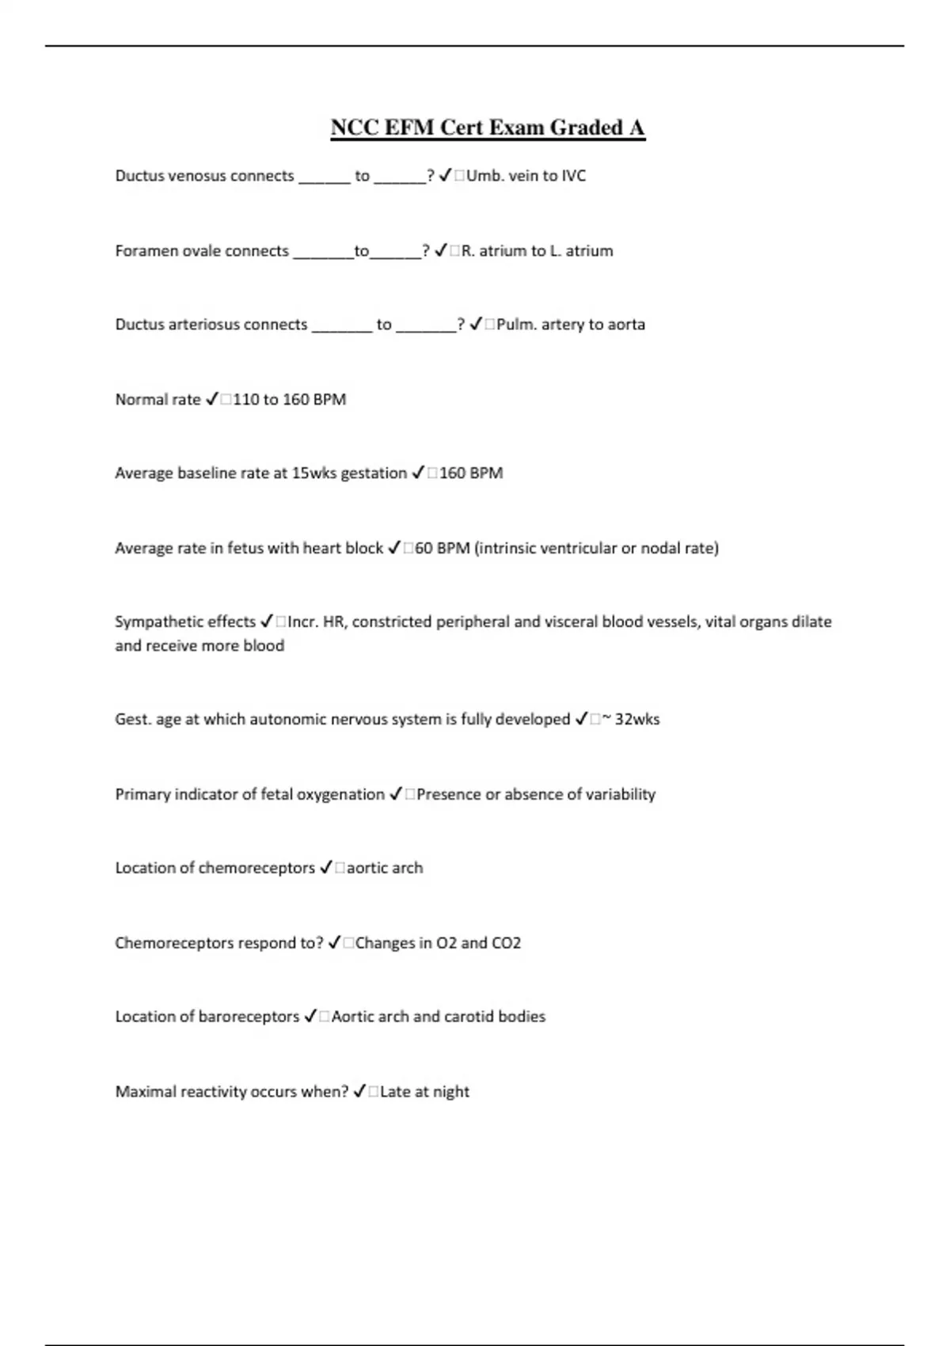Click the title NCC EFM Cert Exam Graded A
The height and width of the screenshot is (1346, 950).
(x=488, y=127)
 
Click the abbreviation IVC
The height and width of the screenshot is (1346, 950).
(x=573, y=176)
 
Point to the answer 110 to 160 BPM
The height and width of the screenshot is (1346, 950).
(x=290, y=400)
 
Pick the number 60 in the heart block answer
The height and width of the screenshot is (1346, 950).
(x=424, y=548)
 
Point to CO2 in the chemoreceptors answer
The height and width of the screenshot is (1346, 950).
(x=507, y=943)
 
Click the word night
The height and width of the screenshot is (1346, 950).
(x=451, y=1092)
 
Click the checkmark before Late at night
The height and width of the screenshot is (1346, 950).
(x=359, y=1092)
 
